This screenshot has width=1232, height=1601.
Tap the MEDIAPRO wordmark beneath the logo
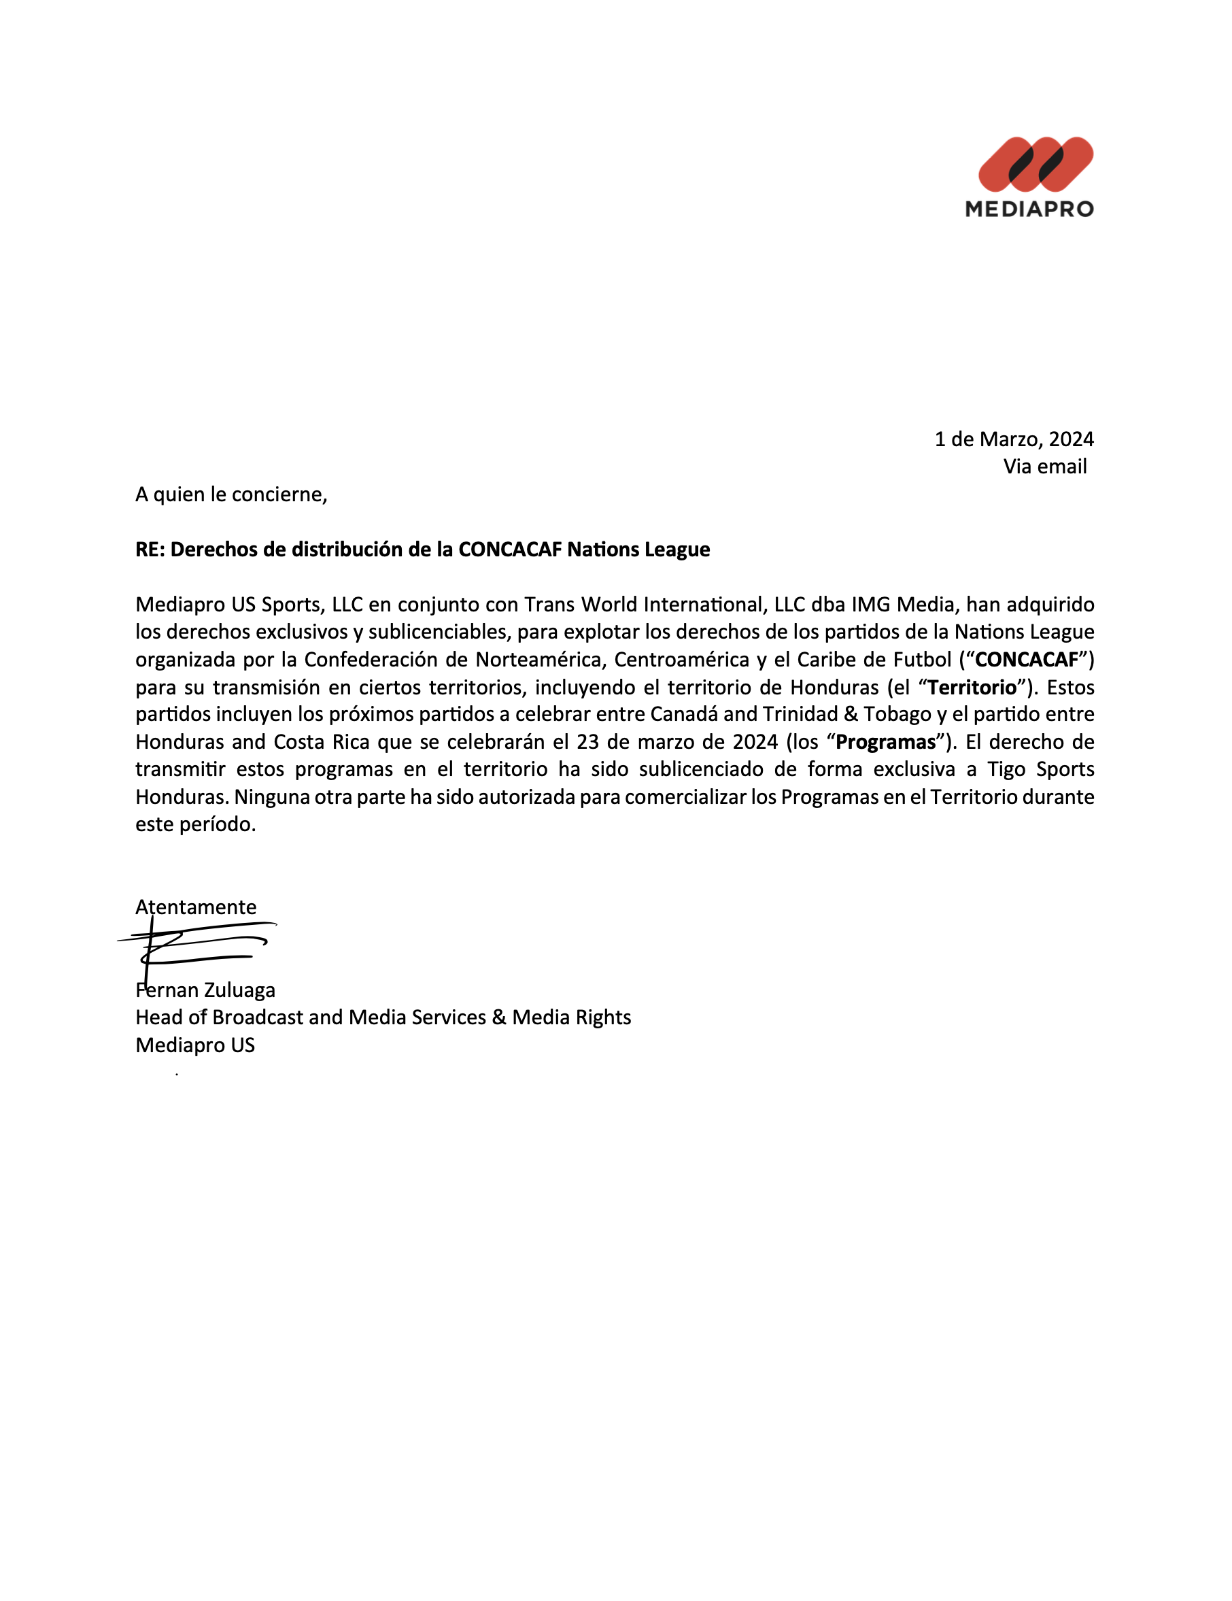click(x=1029, y=209)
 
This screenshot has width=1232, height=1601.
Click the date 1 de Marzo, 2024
click(x=1014, y=439)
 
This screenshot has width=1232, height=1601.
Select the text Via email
click(x=1044, y=467)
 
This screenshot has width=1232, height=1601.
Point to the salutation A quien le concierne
click(x=231, y=495)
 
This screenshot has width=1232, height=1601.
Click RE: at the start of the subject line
click(x=150, y=550)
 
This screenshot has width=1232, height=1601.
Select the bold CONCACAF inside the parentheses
click(x=1027, y=660)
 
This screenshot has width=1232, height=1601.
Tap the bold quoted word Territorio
click(x=972, y=688)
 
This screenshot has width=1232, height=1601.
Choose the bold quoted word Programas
click(x=886, y=743)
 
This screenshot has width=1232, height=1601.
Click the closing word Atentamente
click(x=196, y=907)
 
